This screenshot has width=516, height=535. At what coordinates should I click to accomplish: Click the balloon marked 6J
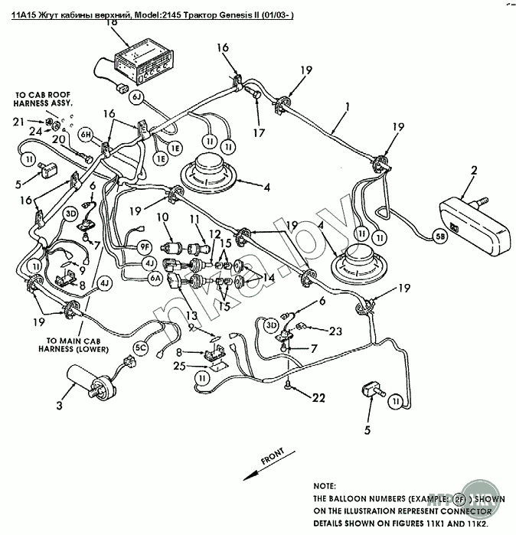click(x=136, y=97)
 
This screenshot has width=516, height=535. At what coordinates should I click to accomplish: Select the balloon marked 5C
click(x=141, y=347)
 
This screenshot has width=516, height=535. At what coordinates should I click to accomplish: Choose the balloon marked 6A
click(x=155, y=278)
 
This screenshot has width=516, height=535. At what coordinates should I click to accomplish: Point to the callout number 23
click(x=335, y=331)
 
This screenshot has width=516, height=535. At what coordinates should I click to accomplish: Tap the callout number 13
click(x=188, y=316)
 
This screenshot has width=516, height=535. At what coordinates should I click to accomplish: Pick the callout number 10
click(x=164, y=219)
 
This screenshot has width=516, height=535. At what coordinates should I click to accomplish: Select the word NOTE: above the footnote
click(x=325, y=486)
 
